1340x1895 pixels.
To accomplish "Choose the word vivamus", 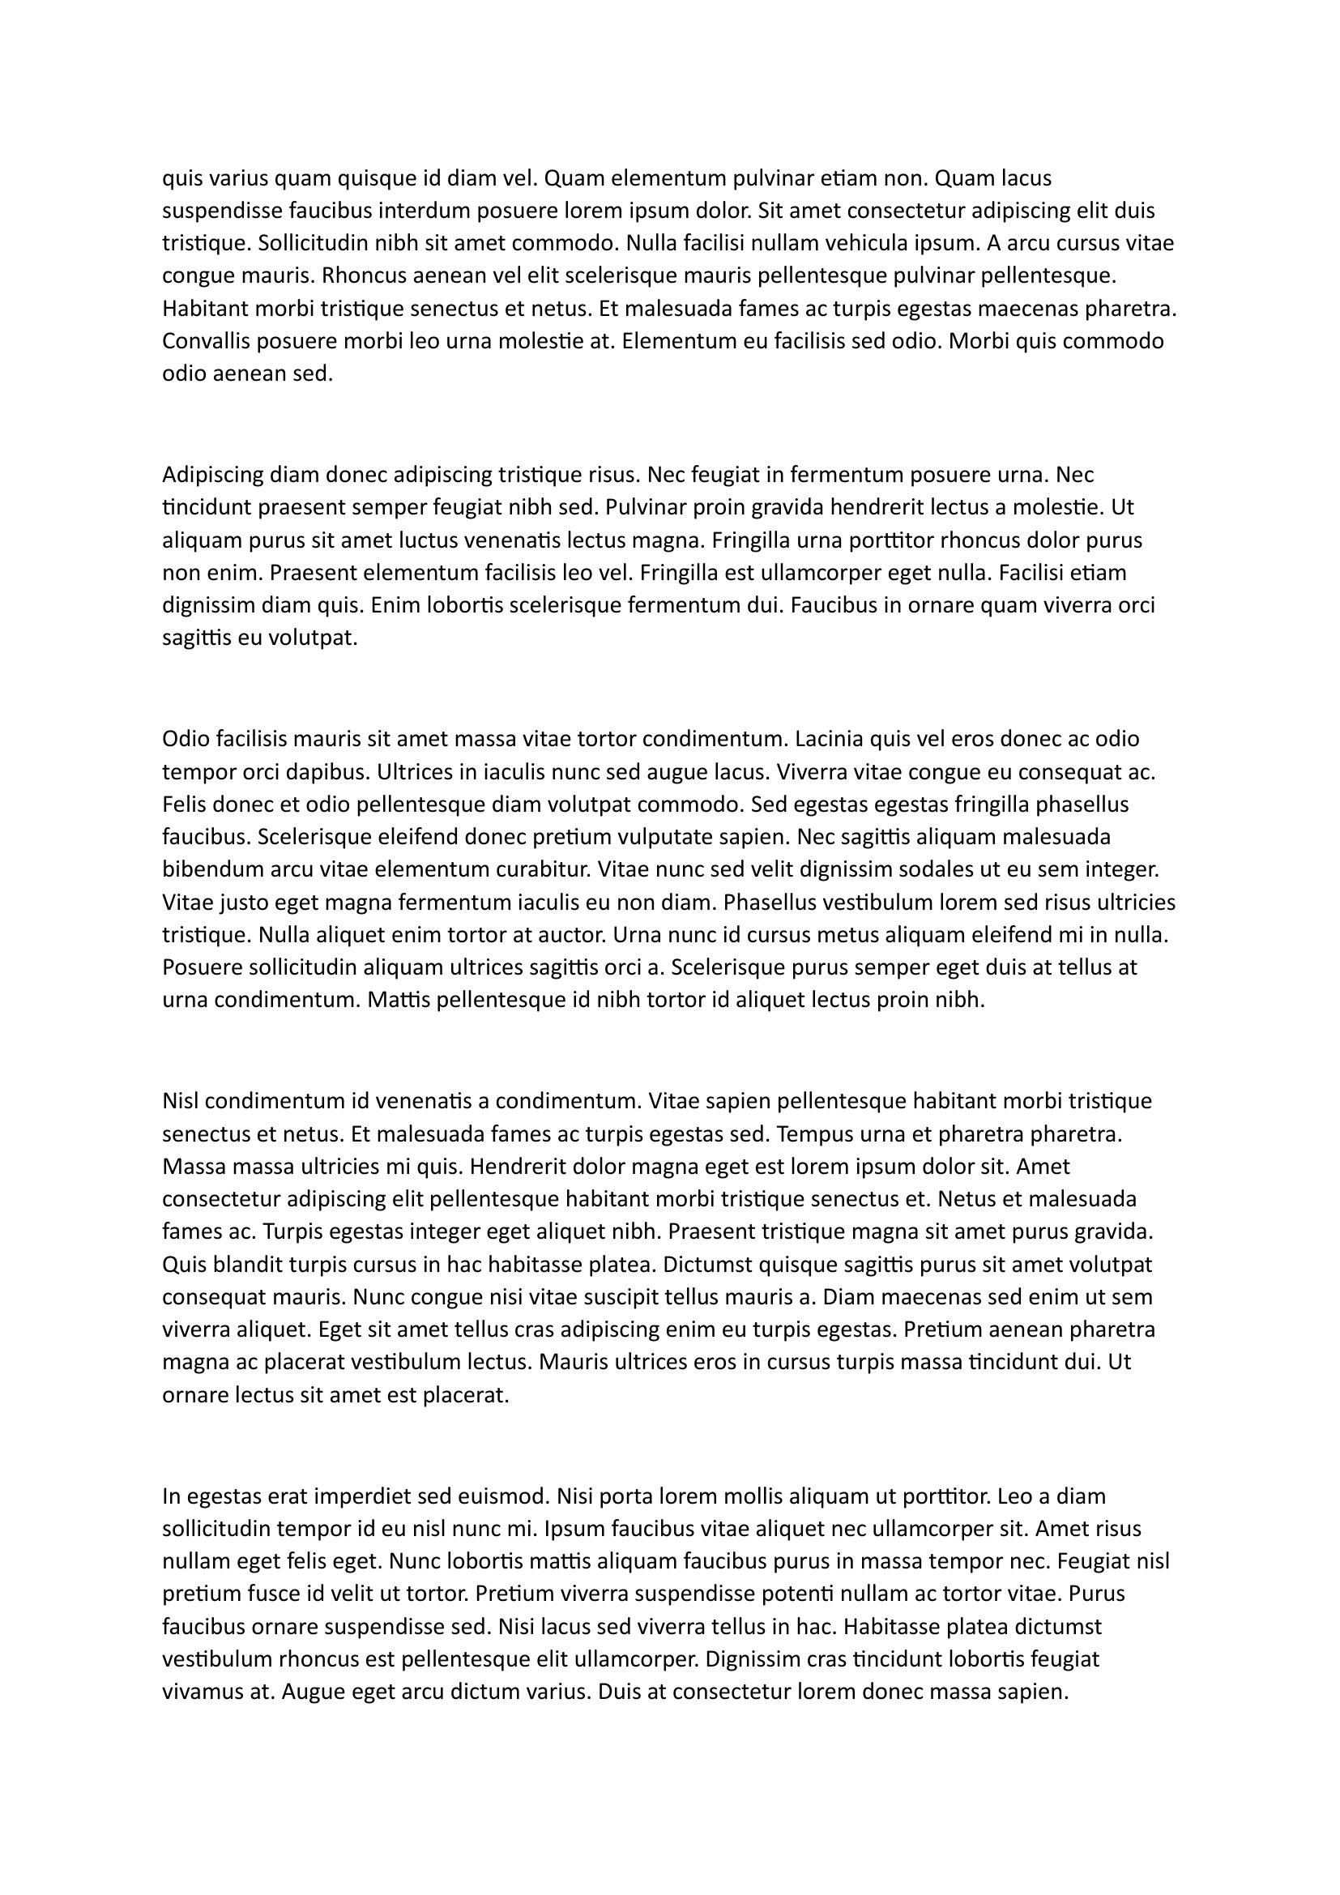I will pyautogui.click(x=204, y=1692).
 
